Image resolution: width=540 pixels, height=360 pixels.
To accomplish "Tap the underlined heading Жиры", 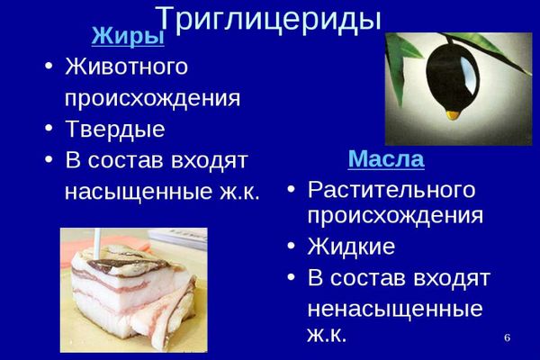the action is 128,35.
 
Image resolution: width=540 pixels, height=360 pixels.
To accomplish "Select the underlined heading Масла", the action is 386,158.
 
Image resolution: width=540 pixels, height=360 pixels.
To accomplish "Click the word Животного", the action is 126,66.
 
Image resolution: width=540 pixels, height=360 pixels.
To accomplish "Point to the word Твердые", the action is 115,130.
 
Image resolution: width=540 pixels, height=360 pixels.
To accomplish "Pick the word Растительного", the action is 391,190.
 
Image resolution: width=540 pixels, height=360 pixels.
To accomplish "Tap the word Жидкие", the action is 351,246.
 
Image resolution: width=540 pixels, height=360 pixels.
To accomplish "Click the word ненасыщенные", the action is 395,309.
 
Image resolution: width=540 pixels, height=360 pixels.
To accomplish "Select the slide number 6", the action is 507,337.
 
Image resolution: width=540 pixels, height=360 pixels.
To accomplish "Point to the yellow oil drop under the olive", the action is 453,114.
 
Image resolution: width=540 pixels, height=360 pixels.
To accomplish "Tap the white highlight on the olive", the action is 469,74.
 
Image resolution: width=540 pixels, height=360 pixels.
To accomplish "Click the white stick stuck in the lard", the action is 97,243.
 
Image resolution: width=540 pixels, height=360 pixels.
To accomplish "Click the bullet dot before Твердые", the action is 49,128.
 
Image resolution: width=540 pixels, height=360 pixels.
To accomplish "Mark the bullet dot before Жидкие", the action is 291,246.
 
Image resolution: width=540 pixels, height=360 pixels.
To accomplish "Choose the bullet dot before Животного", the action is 49,66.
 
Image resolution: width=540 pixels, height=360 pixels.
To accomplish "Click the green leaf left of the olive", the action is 400,66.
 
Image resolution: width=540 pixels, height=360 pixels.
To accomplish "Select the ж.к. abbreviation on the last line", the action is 327,334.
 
